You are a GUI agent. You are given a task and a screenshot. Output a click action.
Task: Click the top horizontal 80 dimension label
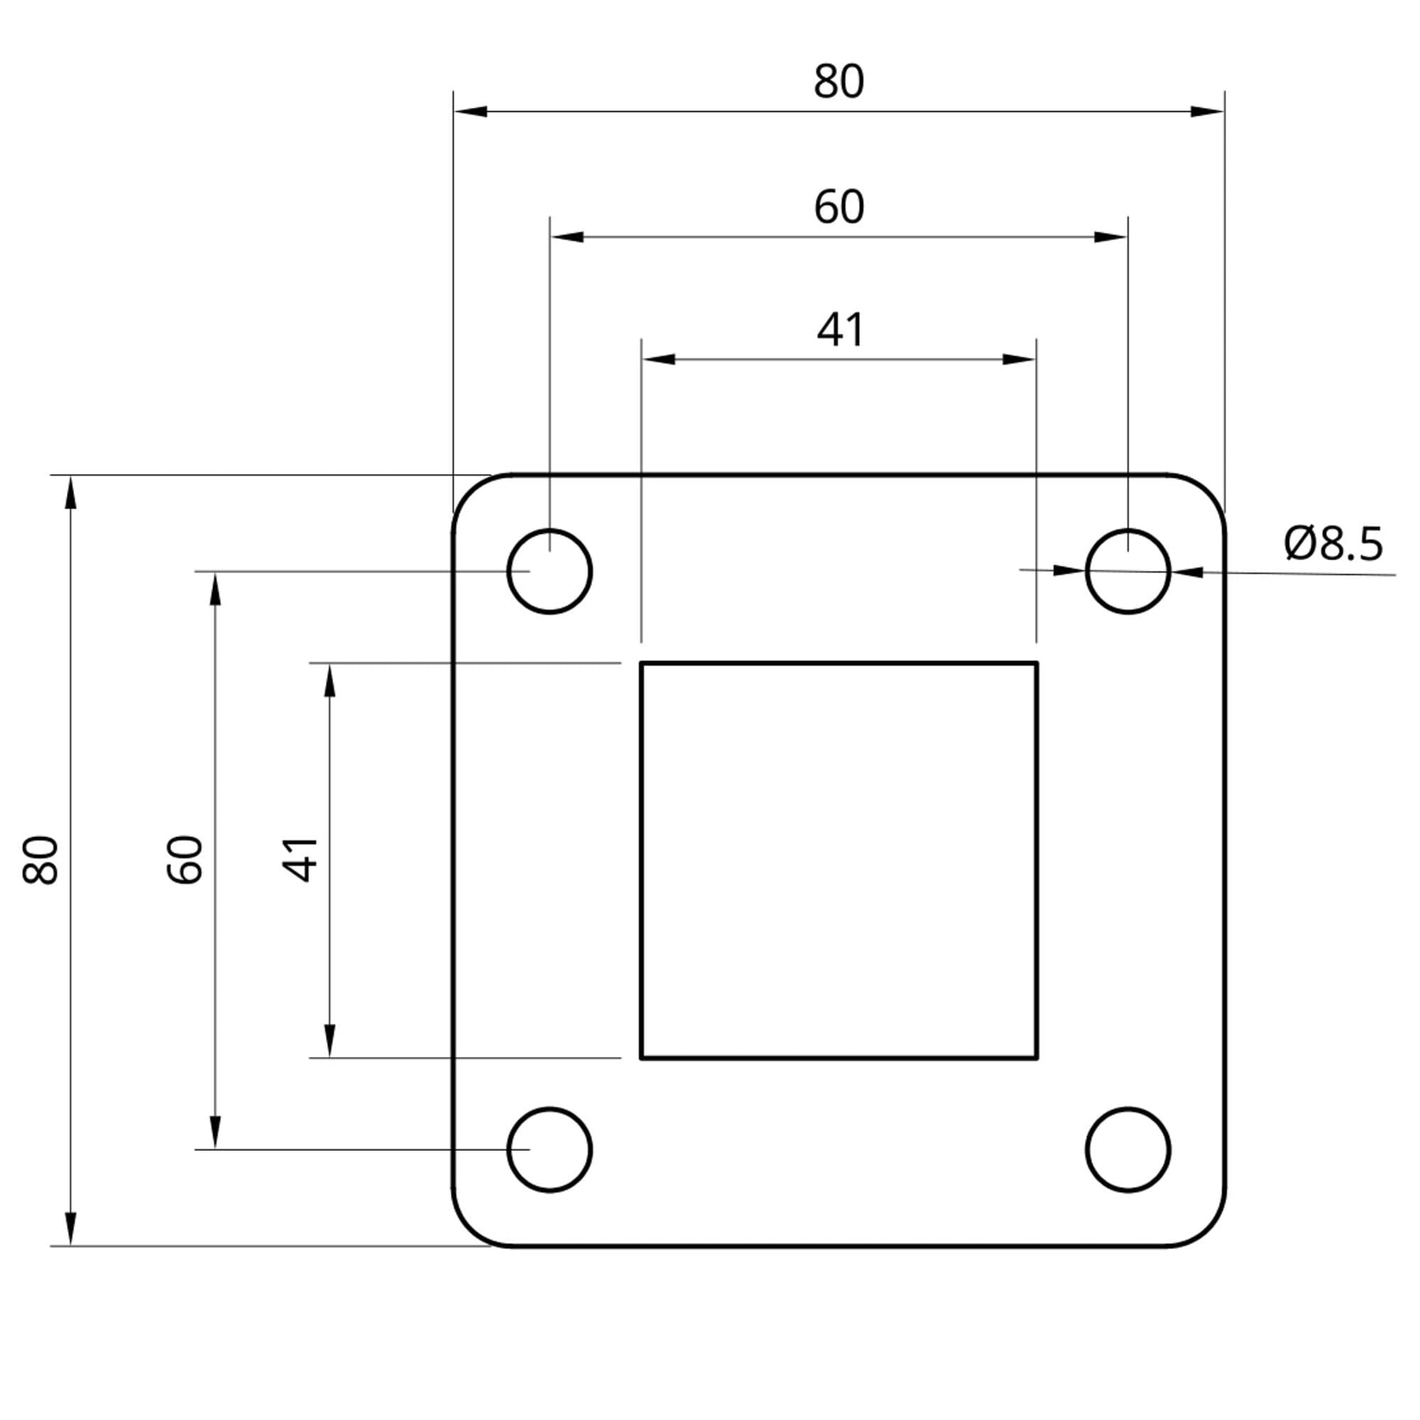(x=839, y=82)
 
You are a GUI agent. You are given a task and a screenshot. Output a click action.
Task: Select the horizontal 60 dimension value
(x=839, y=207)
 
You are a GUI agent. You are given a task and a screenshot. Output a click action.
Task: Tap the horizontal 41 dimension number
(x=840, y=330)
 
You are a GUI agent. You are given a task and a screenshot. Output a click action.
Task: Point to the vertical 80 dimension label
(x=40, y=859)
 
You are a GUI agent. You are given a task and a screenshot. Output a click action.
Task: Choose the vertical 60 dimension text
(x=185, y=859)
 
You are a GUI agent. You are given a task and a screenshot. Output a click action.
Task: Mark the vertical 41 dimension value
(x=300, y=859)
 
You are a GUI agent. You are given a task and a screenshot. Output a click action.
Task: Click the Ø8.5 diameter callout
(x=1333, y=544)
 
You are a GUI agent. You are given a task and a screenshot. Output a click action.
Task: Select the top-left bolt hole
(x=549, y=571)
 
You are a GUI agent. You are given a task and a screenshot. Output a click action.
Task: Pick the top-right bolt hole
(x=1128, y=571)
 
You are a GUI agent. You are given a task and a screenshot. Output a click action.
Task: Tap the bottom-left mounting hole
(x=549, y=1150)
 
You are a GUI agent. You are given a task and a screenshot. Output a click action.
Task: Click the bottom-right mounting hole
(x=1128, y=1150)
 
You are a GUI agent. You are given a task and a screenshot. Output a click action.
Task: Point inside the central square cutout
(x=839, y=860)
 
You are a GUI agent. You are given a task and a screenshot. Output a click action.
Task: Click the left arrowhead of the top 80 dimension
(x=470, y=111)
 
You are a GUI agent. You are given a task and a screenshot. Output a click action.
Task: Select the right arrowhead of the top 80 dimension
(x=1207, y=111)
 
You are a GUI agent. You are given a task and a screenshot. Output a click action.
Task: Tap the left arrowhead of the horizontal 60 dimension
(x=566, y=237)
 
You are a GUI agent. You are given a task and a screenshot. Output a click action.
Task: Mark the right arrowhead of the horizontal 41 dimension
(x=1018, y=360)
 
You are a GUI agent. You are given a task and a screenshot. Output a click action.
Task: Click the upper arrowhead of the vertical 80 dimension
(x=71, y=492)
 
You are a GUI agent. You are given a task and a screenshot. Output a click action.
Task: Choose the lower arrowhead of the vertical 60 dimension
(x=215, y=1133)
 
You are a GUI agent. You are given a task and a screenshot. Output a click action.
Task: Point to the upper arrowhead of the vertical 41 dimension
(x=330, y=680)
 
